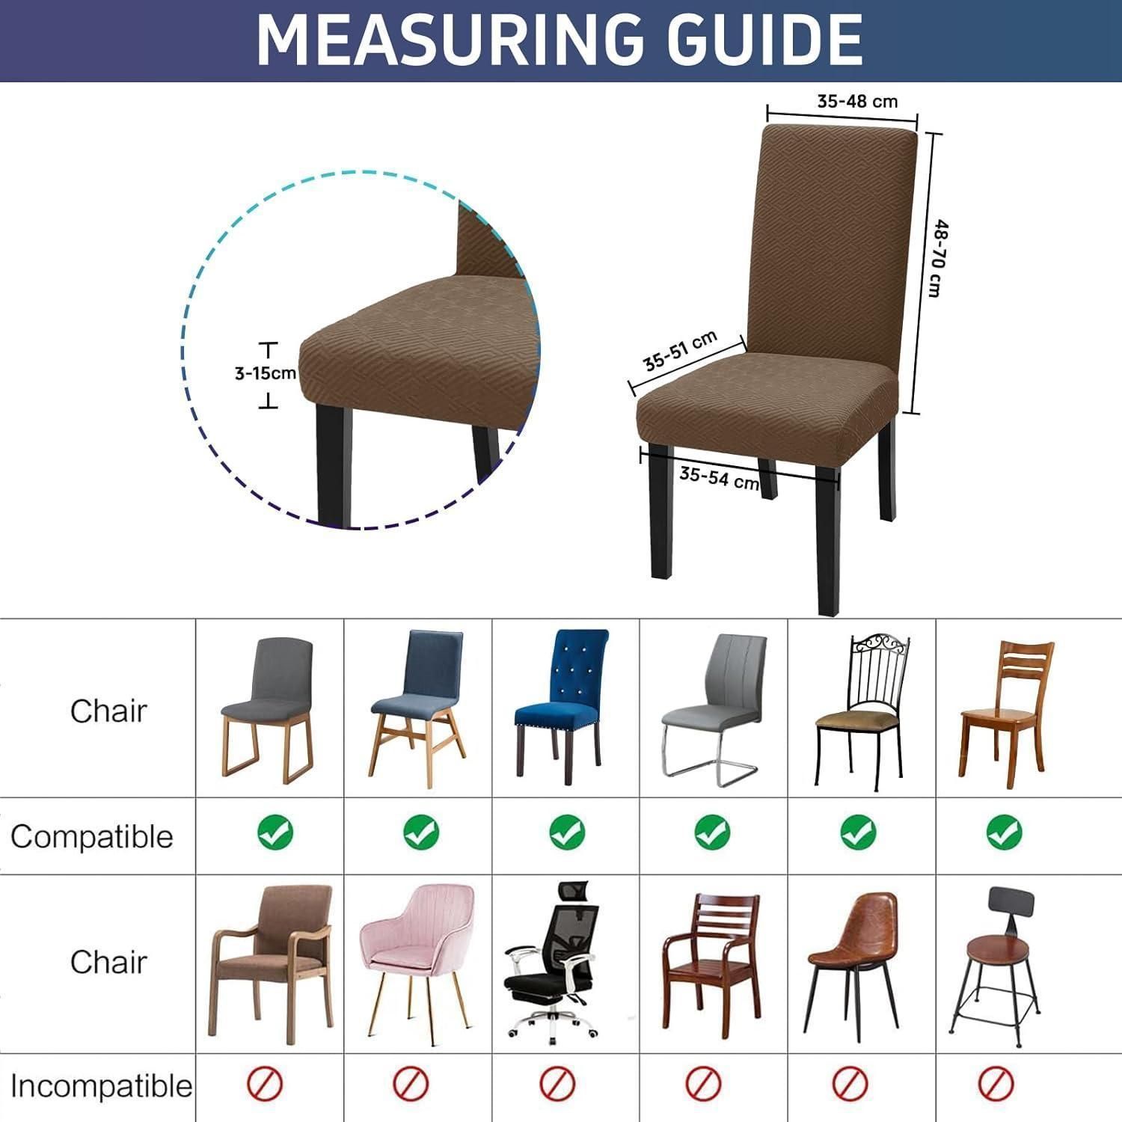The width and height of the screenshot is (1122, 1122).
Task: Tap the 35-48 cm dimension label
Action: click(x=857, y=101)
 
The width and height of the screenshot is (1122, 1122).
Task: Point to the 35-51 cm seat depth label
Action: click(x=681, y=350)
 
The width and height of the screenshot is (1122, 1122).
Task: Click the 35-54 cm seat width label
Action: click(x=719, y=476)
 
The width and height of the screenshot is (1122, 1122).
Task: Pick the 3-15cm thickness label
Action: click(x=266, y=373)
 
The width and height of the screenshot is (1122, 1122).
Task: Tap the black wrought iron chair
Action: click(x=862, y=710)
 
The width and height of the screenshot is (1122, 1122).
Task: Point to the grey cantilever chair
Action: click(x=714, y=710)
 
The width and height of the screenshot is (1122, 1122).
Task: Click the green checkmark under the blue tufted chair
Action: click(x=567, y=831)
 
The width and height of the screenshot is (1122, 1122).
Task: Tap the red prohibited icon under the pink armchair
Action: click(x=411, y=1083)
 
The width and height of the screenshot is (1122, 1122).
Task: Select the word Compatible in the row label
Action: click(x=92, y=836)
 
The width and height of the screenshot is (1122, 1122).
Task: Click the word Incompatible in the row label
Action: click(x=101, y=1086)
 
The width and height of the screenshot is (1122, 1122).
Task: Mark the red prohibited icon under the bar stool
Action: click(x=996, y=1082)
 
